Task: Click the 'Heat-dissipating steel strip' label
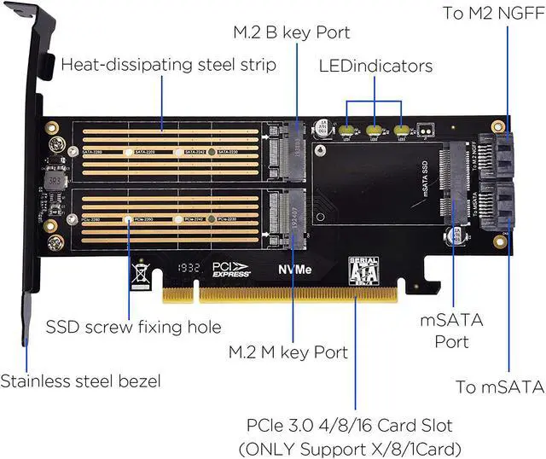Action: [x=169, y=65]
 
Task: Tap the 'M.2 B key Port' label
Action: [x=290, y=33]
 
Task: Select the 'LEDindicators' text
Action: [x=375, y=66]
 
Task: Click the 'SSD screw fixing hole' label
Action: [x=133, y=327]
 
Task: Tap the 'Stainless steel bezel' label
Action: [x=79, y=381]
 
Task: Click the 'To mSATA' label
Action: [x=500, y=386]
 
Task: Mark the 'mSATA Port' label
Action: [x=452, y=330]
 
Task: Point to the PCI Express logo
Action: [x=231, y=270]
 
